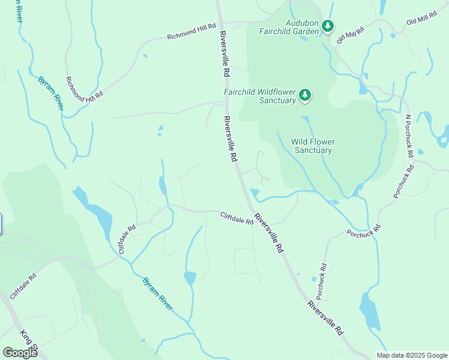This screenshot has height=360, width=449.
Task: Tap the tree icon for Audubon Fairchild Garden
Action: pyautogui.click(x=327, y=26)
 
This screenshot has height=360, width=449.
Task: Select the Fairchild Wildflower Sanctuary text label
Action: pyautogui.click(x=260, y=96)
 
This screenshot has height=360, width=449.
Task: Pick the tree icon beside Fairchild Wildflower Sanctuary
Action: pyautogui.click(x=305, y=95)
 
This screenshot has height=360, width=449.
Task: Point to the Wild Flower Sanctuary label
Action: pyautogui.click(x=313, y=146)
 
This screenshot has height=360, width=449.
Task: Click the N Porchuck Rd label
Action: pyautogui.click(x=409, y=136)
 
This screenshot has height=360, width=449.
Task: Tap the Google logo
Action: pyautogui.click(x=20, y=352)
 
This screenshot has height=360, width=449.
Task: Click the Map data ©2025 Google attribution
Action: pyautogui.click(x=411, y=355)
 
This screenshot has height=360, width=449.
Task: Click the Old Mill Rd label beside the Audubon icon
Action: pyautogui.click(x=351, y=35)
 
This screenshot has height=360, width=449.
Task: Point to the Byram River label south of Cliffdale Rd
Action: pyautogui.click(x=158, y=293)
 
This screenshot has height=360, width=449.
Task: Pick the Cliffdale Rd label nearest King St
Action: pyautogui.click(x=23, y=287)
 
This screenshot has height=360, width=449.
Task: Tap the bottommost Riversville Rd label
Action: pyautogui.click(x=325, y=317)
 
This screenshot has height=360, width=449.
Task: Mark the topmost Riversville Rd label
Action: pyautogui.click(x=224, y=53)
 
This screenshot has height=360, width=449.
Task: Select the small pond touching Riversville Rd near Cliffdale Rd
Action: pyautogui.click(x=255, y=193)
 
